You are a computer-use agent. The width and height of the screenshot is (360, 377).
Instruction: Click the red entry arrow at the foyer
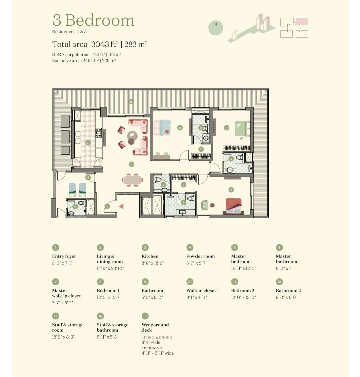click(x=121, y=206)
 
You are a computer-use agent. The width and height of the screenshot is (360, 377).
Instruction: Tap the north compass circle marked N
click(x=216, y=28)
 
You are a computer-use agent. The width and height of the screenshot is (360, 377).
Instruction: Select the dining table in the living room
click(x=132, y=180)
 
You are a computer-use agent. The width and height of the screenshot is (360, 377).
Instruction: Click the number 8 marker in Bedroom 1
click(x=180, y=128)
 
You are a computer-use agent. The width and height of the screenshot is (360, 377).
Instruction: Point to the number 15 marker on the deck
click(x=131, y=102)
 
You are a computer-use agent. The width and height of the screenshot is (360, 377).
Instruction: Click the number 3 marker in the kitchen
click(x=88, y=142)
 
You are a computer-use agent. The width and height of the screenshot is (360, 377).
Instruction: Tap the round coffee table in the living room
click(x=132, y=135)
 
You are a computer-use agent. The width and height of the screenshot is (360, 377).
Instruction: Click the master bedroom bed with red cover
click(x=234, y=206)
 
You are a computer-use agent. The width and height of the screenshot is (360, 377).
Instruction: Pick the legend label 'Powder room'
click(x=201, y=256)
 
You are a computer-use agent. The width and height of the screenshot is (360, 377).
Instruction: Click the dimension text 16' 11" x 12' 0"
click(x=244, y=268)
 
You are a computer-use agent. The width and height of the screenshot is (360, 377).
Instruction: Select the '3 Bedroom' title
click(x=93, y=20)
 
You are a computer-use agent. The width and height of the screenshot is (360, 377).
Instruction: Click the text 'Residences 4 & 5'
click(x=69, y=31)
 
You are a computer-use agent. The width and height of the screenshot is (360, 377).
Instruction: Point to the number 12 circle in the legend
click(x=279, y=282)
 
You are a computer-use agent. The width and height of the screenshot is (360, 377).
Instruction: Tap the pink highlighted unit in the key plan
click(x=302, y=21)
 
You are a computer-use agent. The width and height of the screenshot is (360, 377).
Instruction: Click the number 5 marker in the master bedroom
click(x=231, y=190)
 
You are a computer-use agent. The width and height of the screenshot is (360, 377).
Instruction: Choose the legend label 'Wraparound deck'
click(x=155, y=328)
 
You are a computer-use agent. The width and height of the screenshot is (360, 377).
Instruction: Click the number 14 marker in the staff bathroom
click(x=75, y=207)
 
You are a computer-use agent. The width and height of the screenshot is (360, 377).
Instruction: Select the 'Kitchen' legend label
click(x=150, y=256)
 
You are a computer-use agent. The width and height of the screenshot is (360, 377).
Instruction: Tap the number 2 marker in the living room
click(x=131, y=164)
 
